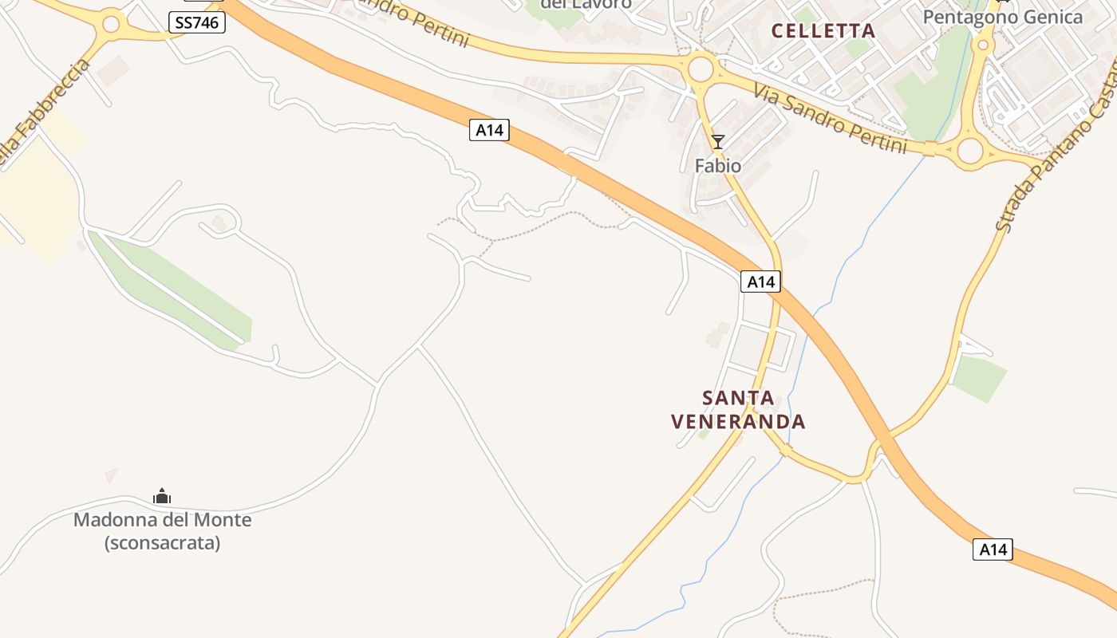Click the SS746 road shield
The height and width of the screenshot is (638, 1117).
(197, 23)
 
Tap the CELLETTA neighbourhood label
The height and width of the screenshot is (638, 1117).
(823, 31)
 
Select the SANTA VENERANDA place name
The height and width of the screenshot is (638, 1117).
(738, 409)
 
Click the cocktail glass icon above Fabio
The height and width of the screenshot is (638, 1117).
(718, 142)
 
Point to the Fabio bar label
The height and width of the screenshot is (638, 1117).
(718, 166)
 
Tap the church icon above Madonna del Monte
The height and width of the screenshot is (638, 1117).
(162, 497)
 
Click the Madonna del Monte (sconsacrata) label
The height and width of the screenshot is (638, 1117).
(163, 531)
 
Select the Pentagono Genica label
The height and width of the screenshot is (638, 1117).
(1003, 17)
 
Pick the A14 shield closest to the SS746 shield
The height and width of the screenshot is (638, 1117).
(489, 130)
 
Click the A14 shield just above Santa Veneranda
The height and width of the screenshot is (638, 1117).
(760, 282)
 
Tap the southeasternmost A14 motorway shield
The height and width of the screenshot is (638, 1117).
(993, 549)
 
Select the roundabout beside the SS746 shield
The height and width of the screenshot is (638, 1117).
(111, 24)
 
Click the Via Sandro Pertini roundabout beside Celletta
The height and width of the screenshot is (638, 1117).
(701, 69)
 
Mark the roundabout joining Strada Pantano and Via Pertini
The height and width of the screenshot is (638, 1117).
(970, 150)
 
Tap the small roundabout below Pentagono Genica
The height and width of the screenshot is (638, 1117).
(983, 45)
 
